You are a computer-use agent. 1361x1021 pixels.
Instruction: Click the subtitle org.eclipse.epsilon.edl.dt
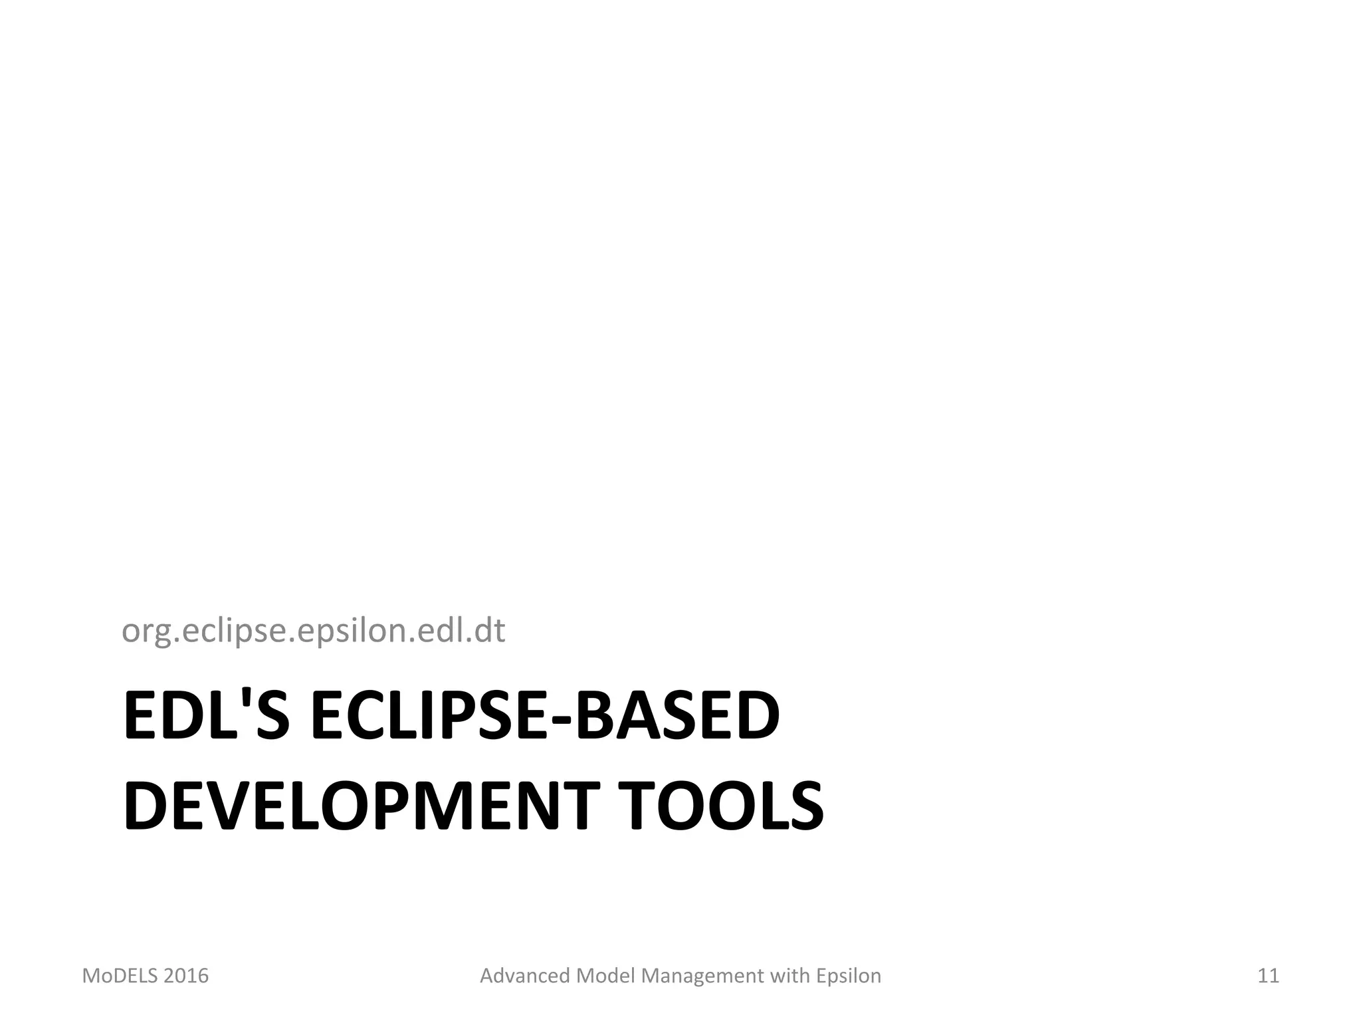(313, 630)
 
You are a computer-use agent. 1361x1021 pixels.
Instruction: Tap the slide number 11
(1268, 976)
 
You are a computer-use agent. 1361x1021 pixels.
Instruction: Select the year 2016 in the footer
(186, 976)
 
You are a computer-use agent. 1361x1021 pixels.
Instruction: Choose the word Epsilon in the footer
(849, 976)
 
